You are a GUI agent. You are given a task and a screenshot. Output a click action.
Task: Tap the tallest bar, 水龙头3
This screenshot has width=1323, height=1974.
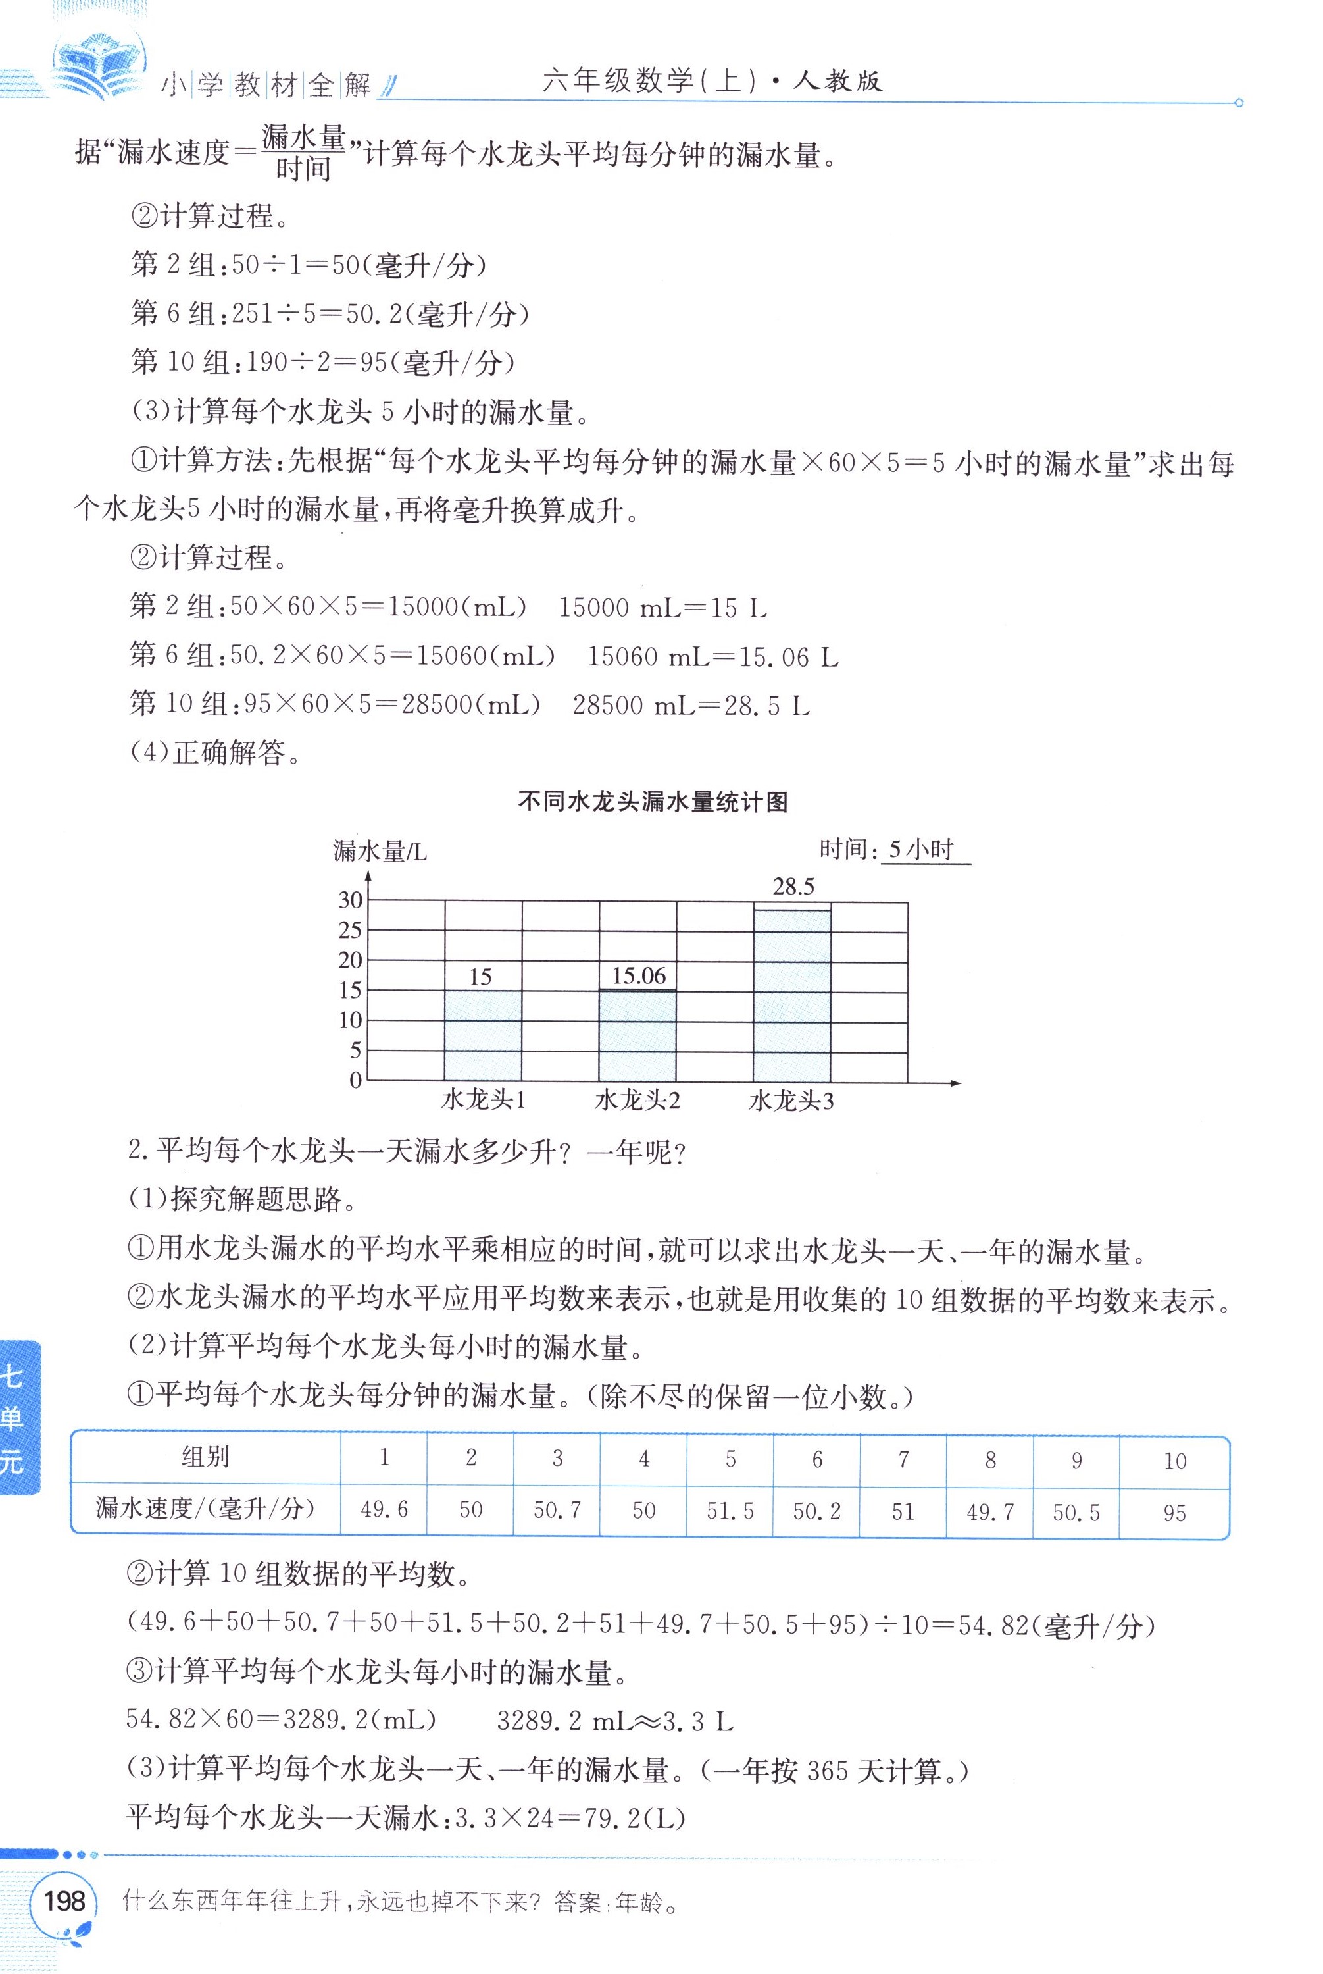[791, 996]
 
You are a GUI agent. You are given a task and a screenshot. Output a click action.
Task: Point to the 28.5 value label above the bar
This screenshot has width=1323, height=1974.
[793, 886]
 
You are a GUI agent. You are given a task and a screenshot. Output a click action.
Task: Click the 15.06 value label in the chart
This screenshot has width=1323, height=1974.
[639, 976]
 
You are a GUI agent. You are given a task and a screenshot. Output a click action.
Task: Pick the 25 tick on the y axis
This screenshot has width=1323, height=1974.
[350, 930]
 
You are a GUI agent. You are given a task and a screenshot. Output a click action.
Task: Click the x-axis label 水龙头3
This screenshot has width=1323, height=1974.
[791, 1101]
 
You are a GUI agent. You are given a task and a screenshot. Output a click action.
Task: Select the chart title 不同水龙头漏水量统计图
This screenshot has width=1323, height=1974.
[653, 802]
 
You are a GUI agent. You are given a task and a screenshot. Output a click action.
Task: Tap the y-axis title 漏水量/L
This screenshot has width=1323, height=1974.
[380, 852]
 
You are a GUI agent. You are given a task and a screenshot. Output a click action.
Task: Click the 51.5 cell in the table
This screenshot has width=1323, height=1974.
[730, 1511]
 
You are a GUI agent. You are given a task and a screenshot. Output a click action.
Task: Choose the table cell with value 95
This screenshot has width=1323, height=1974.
[1174, 1513]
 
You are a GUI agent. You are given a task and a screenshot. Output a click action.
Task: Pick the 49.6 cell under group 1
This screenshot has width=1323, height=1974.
[384, 1509]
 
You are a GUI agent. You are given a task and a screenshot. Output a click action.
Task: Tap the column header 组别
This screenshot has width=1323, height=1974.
[205, 1457]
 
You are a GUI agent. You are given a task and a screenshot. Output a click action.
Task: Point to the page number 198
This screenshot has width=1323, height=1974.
[64, 1900]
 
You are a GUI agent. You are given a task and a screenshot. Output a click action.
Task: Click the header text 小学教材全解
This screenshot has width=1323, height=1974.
[266, 84]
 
